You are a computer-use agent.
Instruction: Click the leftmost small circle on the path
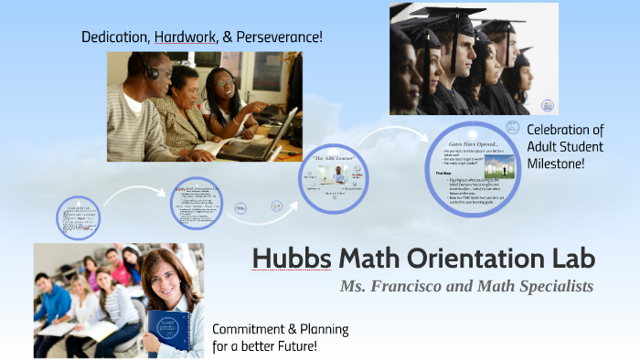point(78,217)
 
